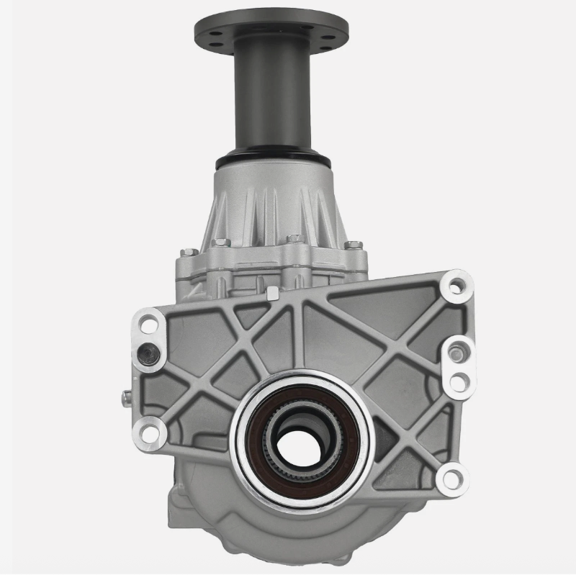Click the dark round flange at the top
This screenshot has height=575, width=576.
pyautogui.click(x=271, y=27)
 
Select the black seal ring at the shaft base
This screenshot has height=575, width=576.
pyautogui.click(x=272, y=158)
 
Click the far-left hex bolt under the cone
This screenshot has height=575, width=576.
pyautogui.click(x=189, y=252)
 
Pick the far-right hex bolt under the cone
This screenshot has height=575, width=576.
pyautogui.click(x=354, y=245)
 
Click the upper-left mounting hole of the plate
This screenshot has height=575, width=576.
pyautogui.click(x=149, y=324)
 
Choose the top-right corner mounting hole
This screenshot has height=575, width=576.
pyautogui.click(x=455, y=285)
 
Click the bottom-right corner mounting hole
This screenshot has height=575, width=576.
pyautogui.click(x=452, y=476)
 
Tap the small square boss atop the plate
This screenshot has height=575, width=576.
pyautogui.click(x=272, y=293)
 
